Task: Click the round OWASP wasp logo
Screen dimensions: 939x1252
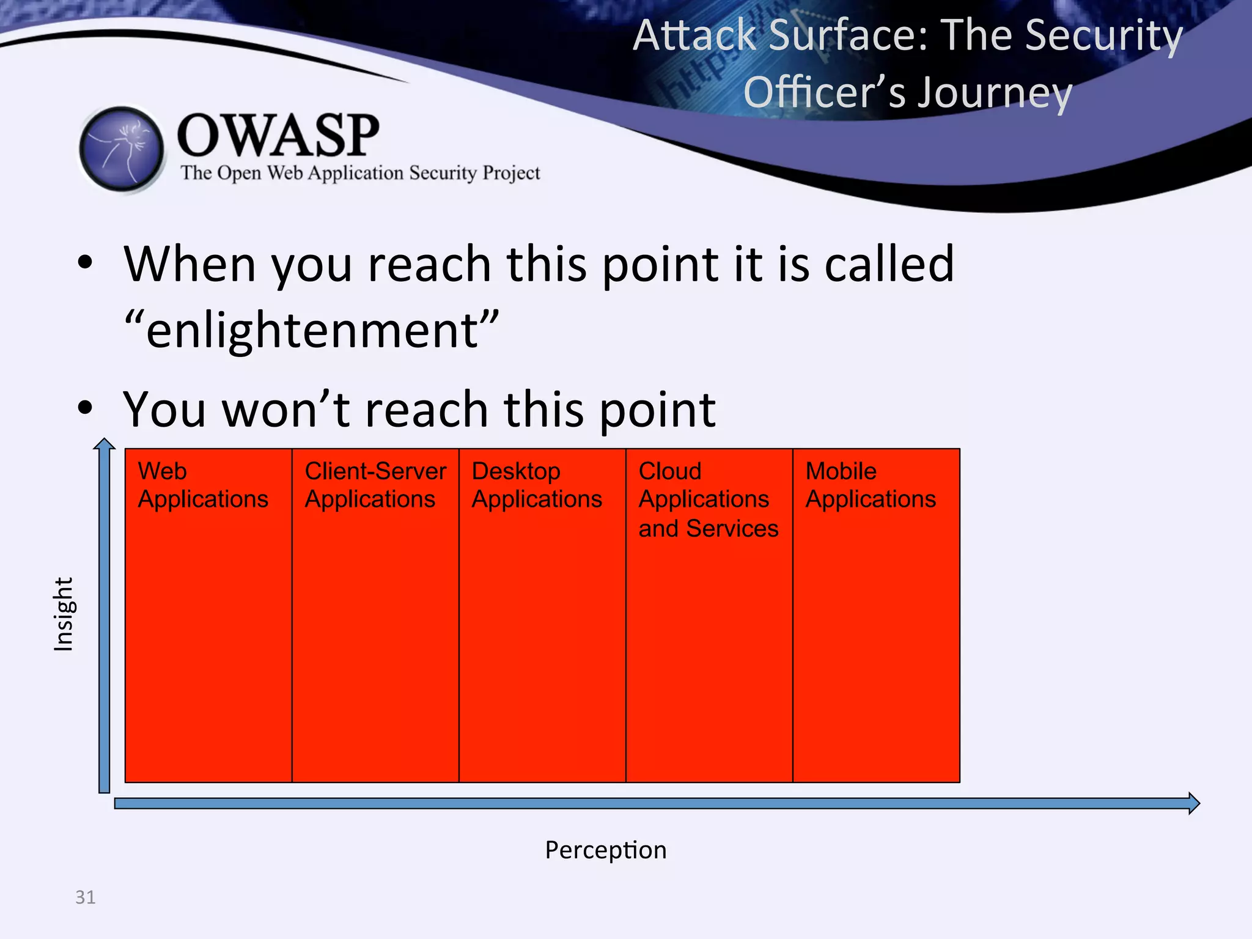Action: pos(122,149)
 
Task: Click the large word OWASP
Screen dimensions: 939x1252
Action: pos(278,136)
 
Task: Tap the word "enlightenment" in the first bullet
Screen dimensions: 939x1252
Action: pos(312,330)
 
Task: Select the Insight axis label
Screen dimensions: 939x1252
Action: pos(64,614)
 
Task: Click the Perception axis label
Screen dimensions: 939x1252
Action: pos(605,850)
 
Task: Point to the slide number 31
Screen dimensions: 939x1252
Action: pos(85,897)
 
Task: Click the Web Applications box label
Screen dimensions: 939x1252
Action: pos(202,485)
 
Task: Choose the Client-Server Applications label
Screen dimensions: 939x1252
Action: pos(375,485)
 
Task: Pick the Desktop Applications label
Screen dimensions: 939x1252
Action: pos(536,485)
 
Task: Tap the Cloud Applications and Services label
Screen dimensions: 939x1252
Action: pos(708,499)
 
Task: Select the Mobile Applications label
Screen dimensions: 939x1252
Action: pos(870,485)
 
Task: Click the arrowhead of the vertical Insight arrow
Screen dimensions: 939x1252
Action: pos(105,444)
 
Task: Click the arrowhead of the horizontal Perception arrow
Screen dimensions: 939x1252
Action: pos(1193,803)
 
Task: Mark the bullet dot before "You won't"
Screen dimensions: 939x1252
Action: pos(85,408)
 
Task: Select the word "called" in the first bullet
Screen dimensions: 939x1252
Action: pos(888,264)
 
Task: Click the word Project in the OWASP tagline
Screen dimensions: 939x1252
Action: pos(511,173)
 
